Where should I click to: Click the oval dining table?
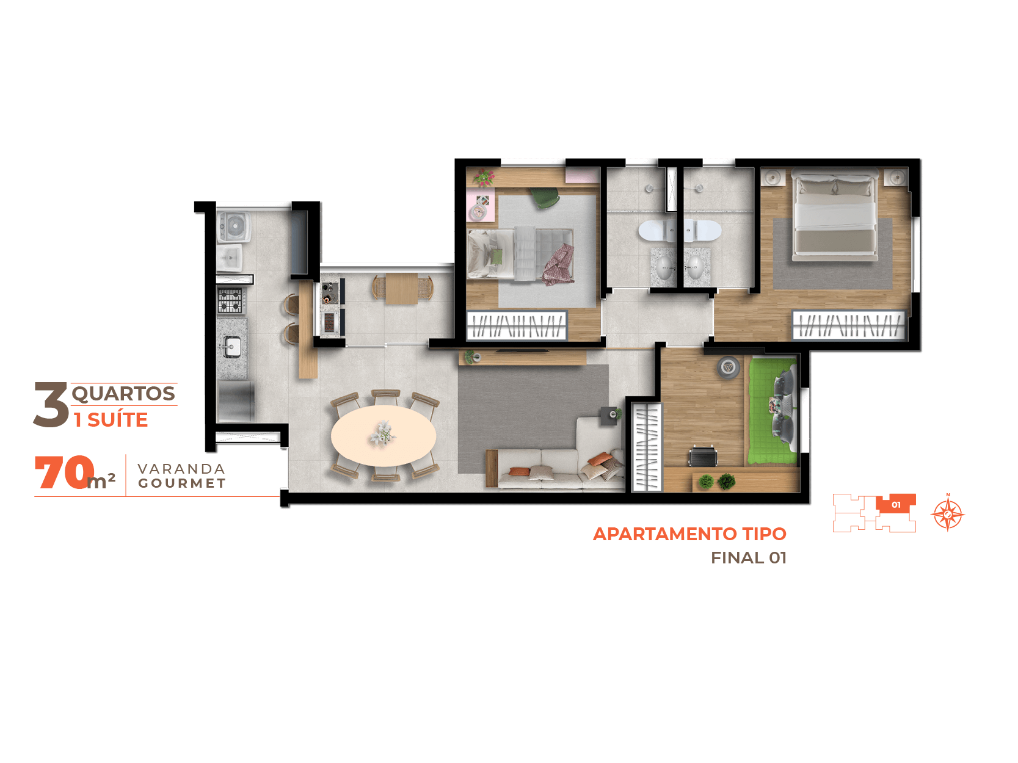click(x=383, y=436)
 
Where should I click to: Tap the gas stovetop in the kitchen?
click(x=230, y=300)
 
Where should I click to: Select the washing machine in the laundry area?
click(x=234, y=226)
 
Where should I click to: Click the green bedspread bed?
click(x=772, y=411)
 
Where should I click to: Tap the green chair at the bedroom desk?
click(x=545, y=197)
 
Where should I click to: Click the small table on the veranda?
click(x=402, y=288)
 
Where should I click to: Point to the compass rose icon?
click(x=948, y=514)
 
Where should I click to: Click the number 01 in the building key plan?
click(x=896, y=505)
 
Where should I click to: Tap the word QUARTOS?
click(x=123, y=394)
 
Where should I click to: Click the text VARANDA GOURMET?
click(x=182, y=476)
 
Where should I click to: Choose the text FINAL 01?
click(x=749, y=558)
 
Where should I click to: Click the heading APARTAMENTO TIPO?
click(x=689, y=534)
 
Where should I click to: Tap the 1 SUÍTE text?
click(x=111, y=420)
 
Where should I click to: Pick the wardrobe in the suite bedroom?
click(x=848, y=325)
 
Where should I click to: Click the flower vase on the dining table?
click(x=383, y=434)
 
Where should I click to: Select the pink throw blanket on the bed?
click(x=558, y=264)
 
